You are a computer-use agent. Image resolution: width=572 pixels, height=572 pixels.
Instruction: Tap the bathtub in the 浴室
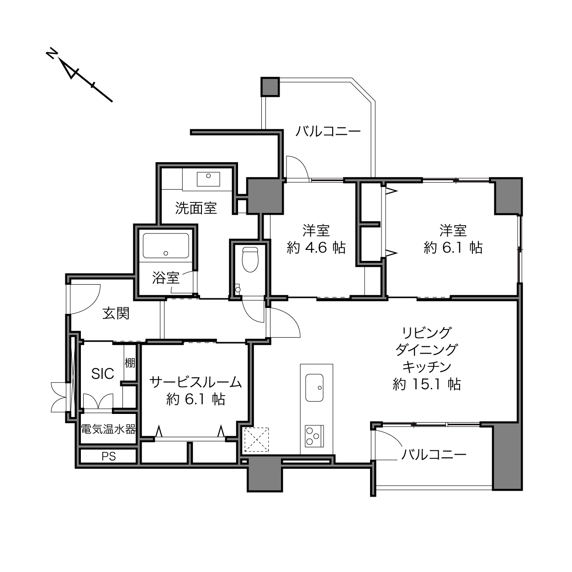[166, 245]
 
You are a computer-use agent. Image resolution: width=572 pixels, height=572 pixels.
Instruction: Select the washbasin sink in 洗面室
[208, 179]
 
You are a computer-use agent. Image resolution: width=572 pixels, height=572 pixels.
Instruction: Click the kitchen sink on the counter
[314, 387]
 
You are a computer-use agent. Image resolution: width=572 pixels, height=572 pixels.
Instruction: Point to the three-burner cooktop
[314, 436]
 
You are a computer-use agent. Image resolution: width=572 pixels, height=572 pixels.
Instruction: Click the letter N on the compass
[51, 53]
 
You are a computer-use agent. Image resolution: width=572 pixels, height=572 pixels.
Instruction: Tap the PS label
[109, 456]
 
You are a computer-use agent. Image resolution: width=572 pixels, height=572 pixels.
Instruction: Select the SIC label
[103, 374]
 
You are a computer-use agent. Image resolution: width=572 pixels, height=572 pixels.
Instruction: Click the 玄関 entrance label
[116, 313]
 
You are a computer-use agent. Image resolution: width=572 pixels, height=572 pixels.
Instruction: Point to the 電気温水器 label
[108, 429]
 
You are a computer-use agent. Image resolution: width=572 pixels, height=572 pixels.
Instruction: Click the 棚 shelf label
[130, 363]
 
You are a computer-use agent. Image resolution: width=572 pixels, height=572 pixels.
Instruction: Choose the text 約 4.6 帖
[316, 247]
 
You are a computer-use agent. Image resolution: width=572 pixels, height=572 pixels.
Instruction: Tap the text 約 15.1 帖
[427, 384]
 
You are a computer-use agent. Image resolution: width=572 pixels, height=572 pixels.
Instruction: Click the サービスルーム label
[196, 382]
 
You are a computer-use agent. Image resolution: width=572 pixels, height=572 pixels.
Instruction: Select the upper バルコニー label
[328, 131]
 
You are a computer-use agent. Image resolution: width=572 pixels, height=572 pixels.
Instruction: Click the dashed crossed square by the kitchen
[256, 440]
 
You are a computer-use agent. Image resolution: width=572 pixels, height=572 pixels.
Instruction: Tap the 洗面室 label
[196, 208]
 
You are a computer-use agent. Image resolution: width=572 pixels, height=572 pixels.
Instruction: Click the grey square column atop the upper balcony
[270, 87]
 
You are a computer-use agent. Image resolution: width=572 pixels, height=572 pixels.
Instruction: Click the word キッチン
[427, 367]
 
